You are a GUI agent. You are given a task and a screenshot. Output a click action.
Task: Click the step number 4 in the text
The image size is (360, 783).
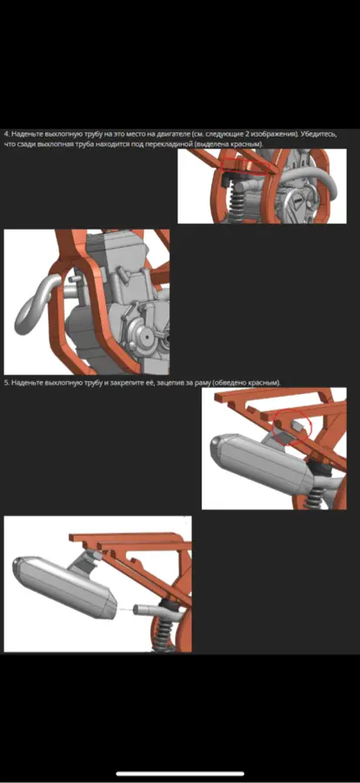pos(6,135)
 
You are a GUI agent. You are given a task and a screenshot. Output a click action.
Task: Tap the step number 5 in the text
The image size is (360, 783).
pos(6,383)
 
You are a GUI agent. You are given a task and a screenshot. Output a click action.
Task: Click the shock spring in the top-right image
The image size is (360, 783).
pos(236,202)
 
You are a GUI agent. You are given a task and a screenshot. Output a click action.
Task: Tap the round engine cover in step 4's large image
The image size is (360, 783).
pos(143,336)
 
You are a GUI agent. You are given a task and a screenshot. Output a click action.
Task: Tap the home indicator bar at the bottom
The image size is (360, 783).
pos(180,774)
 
